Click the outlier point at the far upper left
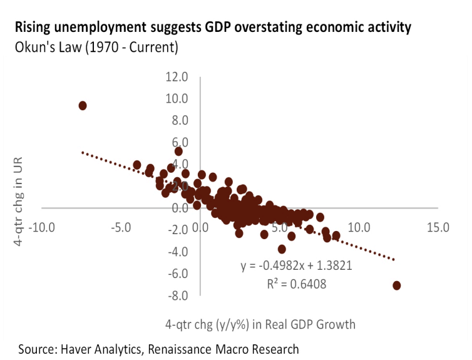point(83,106)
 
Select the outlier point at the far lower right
point(396,285)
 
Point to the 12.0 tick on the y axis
point(177,76)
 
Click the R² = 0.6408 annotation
point(297,284)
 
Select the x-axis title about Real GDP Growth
point(260,324)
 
